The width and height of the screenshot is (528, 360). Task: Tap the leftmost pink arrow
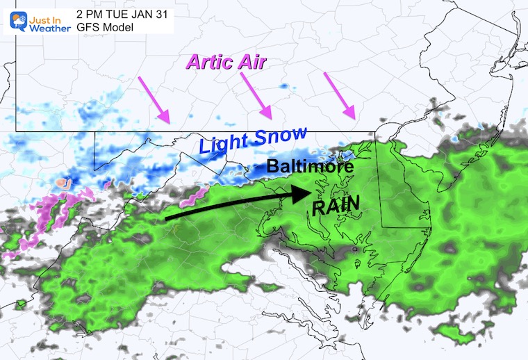(x=156, y=99)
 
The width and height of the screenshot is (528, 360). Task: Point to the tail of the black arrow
(x=167, y=219)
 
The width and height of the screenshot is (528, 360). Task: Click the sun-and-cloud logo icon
(x=14, y=22)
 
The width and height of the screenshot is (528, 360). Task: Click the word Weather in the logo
(x=50, y=28)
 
